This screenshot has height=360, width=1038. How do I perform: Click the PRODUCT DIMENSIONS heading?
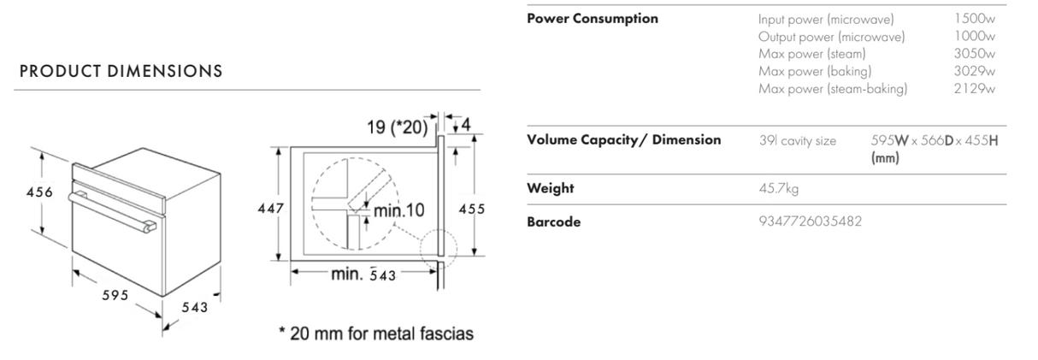coord(121,72)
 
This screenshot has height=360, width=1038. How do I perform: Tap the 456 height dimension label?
coord(39,192)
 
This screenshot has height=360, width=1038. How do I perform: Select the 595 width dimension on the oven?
coord(114,295)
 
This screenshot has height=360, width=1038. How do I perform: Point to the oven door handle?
coord(114,210)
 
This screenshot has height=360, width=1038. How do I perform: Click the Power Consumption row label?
coord(593,19)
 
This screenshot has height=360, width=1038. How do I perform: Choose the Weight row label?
coord(550,188)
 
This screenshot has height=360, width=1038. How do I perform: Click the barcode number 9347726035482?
coord(810,222)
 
